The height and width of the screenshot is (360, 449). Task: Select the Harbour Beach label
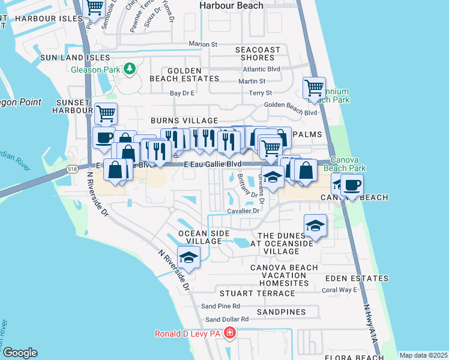(232, 5)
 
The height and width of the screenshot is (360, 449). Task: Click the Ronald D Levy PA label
(188, 334)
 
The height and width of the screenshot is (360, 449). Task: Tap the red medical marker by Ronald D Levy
(229, 333)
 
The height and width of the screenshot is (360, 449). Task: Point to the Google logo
(19, 353)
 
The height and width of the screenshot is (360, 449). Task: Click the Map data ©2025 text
(423, 355)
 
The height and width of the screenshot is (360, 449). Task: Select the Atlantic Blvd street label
(265, 69)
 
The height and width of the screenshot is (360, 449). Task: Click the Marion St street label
(203, 44)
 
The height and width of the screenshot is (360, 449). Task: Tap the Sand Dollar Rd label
(227, 319)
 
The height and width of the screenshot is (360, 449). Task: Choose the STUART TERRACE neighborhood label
(250, 293)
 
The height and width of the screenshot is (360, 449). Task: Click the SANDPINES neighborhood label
(281, 313)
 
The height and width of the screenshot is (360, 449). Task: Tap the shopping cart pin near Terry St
(314, 88)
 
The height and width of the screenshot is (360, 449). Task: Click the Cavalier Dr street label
(243, 211)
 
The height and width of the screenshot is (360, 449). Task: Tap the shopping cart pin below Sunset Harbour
(106, 113)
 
